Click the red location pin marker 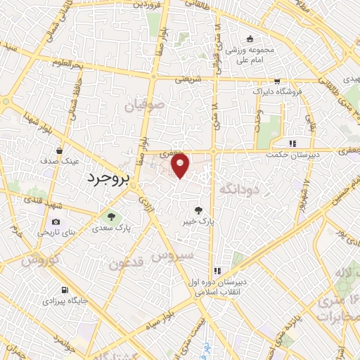(x=181, y=165)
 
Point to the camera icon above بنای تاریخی (x=56, y=222)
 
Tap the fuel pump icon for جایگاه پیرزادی (x=65, y=290)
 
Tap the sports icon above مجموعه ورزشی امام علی (x=250, y=39)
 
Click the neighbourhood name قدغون (x=127, y=265)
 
